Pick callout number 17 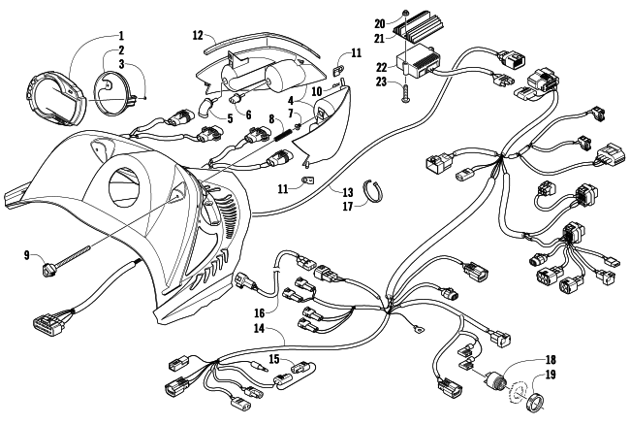[347, 205]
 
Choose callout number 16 [260, 313]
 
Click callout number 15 [275, 358]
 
